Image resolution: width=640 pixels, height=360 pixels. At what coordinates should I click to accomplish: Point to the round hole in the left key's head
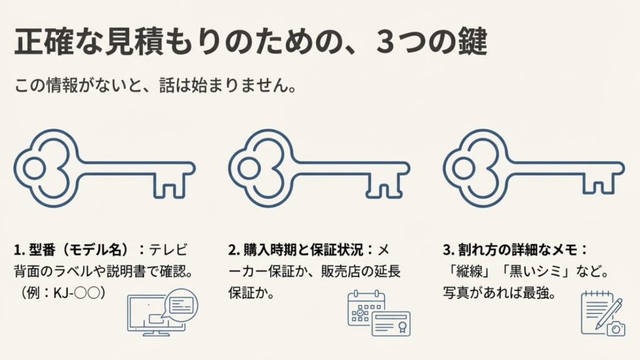(x=34, y=169)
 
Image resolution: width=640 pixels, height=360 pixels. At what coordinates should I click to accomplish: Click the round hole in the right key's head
(x=463, y=169)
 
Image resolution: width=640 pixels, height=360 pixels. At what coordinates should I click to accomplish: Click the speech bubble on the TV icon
(x=181, y=304)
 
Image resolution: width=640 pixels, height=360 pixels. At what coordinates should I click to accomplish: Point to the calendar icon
(x=366, y=308)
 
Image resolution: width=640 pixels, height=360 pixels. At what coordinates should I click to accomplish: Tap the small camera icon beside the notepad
(x=616, y=327)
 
